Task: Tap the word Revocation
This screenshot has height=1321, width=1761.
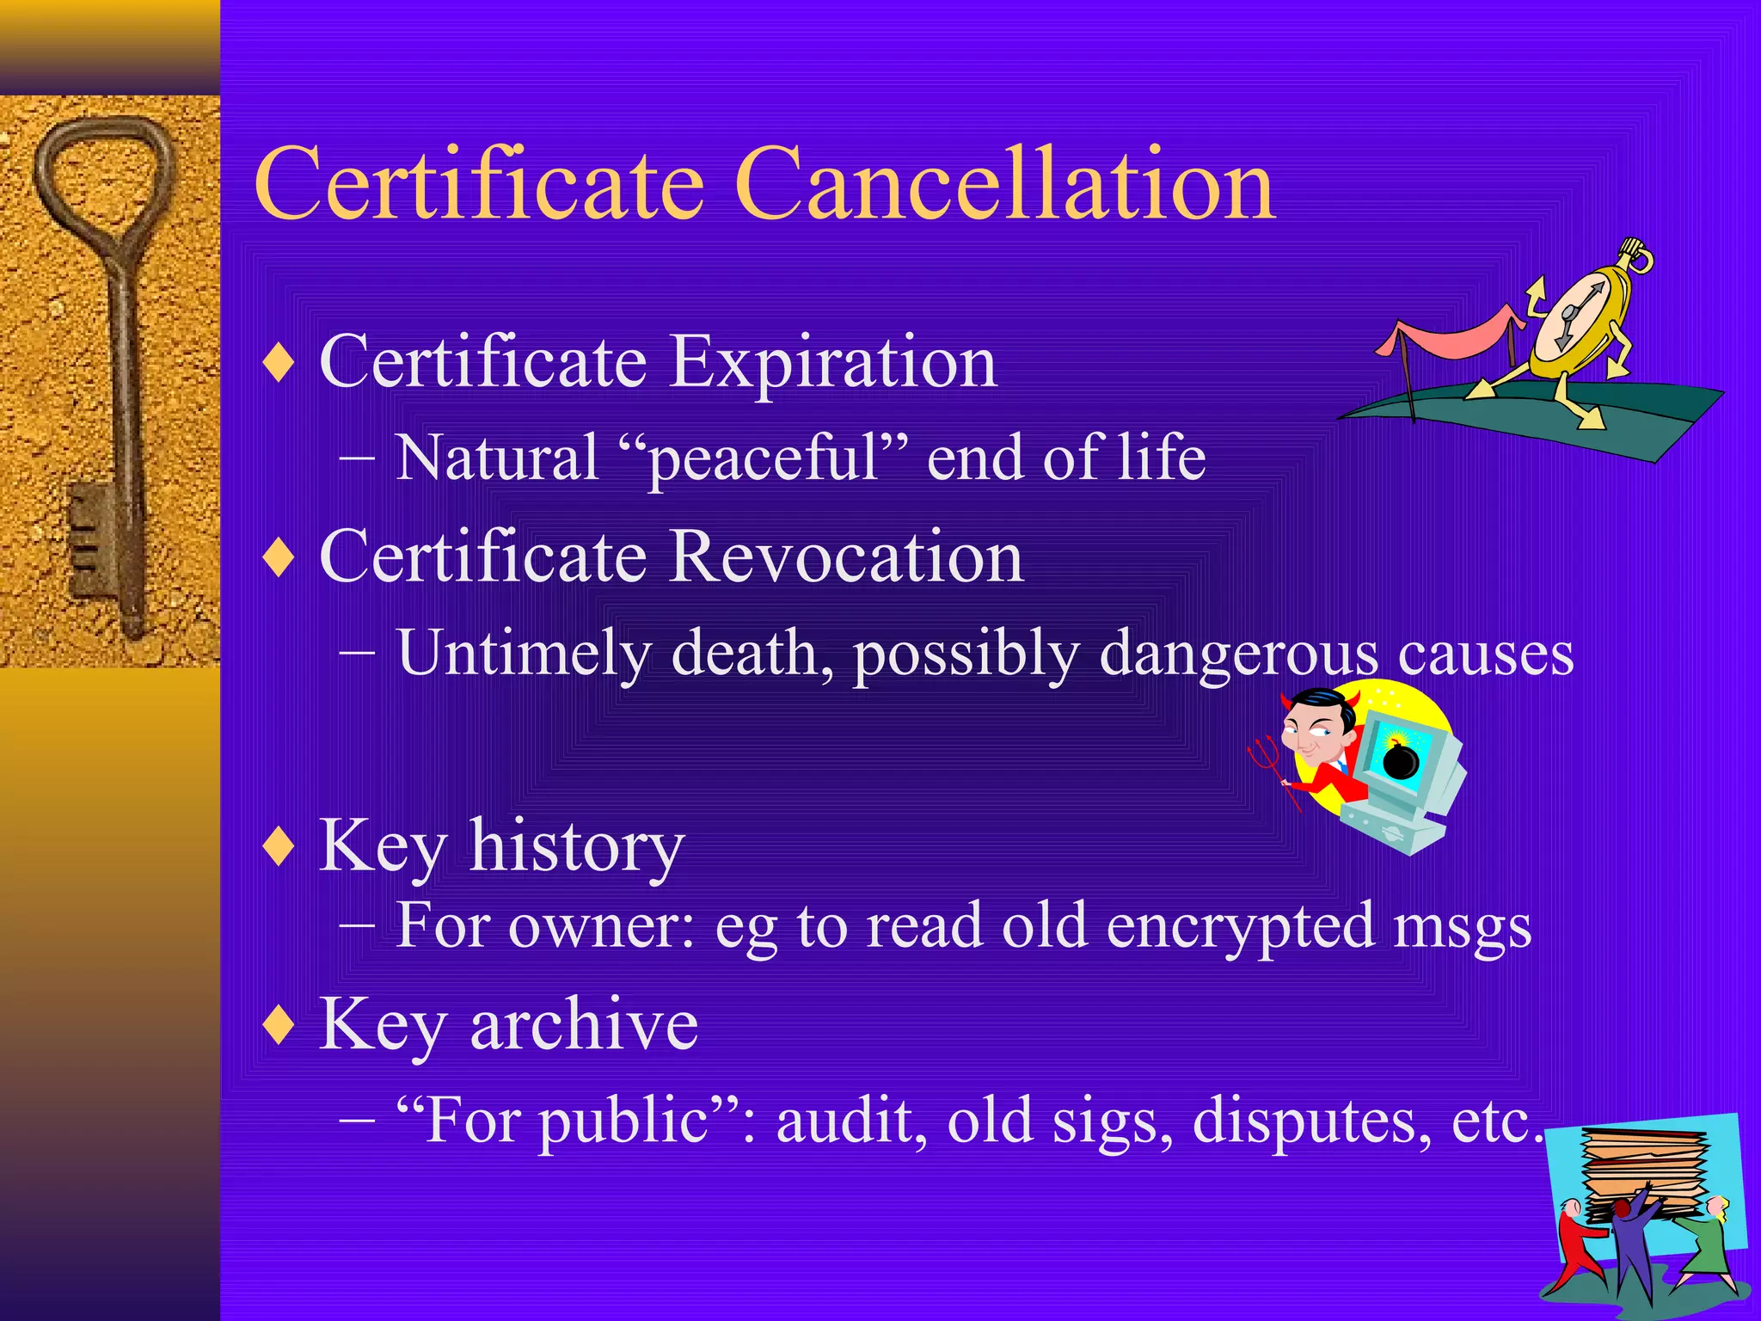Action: click(846, 556)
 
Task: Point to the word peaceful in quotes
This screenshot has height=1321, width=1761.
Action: click(764, 458)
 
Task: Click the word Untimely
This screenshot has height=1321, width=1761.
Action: click(524, 653)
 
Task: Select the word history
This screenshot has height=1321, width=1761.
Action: click(577, 847)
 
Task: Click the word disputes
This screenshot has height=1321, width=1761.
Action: click(1311, 1121)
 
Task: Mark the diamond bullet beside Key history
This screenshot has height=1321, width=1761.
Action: click(279, 847)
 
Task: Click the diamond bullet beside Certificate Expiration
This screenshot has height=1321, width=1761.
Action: click(279, 362)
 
